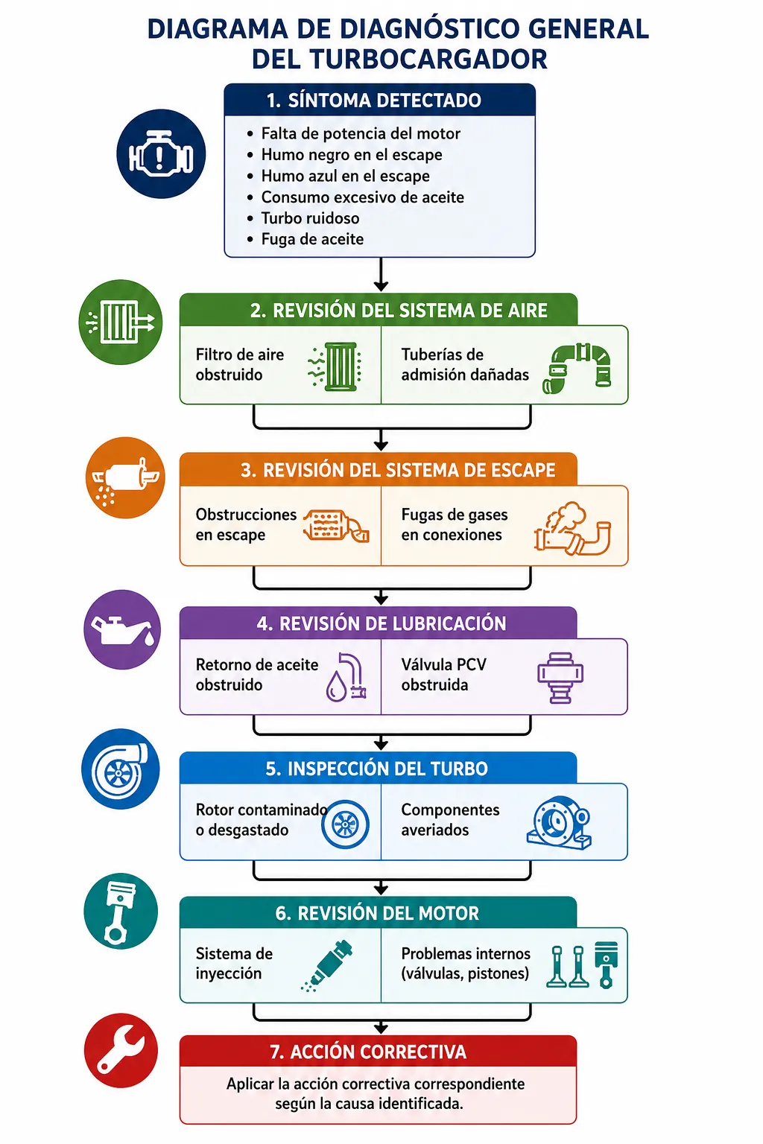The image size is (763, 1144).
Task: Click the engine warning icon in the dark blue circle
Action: (x=161, y=153)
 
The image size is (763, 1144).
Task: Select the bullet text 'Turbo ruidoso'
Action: (x=310, y=218)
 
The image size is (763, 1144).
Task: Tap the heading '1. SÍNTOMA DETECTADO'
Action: (x=373, y=101)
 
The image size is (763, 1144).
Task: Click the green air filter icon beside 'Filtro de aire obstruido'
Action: (x=335, y=366)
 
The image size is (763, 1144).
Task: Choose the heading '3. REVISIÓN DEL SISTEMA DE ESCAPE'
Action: (x=398, y=470)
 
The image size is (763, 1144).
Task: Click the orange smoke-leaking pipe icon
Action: (x=572, y=529)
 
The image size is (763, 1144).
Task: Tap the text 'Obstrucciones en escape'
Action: (x=246, y=524)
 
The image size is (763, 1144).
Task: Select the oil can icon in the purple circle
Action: (x=122, y=629)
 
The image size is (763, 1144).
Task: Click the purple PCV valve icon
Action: (x=560, y=677)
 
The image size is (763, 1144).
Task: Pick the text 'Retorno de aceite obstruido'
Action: (x=256, y=674)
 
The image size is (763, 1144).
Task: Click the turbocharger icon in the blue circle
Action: (x=121, y=769)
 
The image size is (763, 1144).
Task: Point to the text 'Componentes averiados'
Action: (x=450, y=819)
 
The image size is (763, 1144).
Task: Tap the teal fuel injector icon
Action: (x=327, y=965)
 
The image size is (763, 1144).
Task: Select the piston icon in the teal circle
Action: (x=121, y=912)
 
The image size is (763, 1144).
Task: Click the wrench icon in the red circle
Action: (x=121, y=1051)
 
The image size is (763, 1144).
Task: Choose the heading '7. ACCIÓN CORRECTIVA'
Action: (x=368, y=1052)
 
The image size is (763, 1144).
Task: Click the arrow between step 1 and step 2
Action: (x=381, y=274)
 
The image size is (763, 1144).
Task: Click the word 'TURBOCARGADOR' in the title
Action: (x=399, y=60)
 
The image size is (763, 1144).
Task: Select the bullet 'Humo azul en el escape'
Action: (x=346, y=177)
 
